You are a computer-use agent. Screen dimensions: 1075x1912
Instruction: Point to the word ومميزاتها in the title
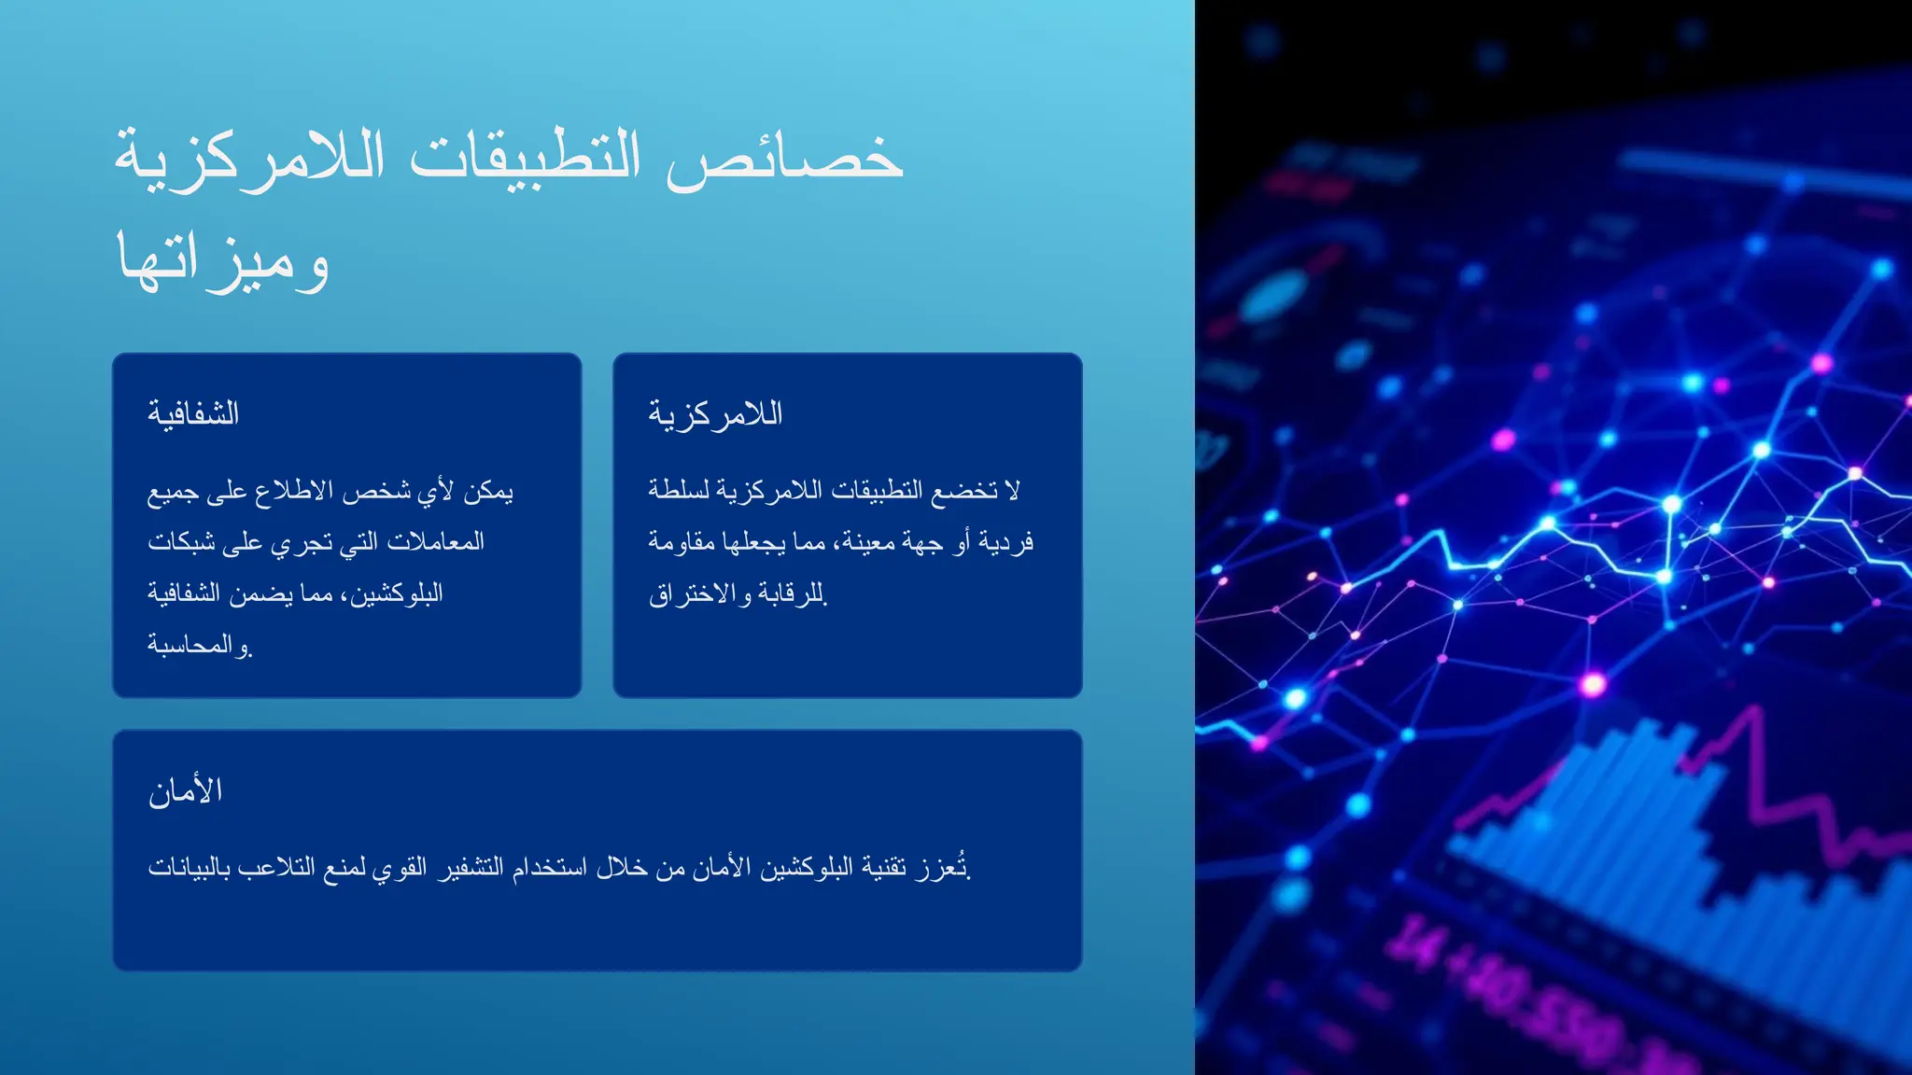pos(223,261)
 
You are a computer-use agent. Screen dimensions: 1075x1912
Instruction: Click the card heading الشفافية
pos(193,413)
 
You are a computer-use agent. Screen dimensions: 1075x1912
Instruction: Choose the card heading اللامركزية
pos(715,413)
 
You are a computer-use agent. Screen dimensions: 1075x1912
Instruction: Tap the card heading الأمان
pos(185,791)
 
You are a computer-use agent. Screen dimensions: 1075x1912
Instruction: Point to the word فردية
pos(1006,541)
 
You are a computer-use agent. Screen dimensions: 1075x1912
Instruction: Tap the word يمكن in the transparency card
pos(488,490)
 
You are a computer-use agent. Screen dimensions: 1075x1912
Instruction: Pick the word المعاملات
pos(435,541)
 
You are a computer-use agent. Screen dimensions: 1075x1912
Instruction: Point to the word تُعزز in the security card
pos(943,868)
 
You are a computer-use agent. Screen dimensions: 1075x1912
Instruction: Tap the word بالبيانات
pos(187,868)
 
